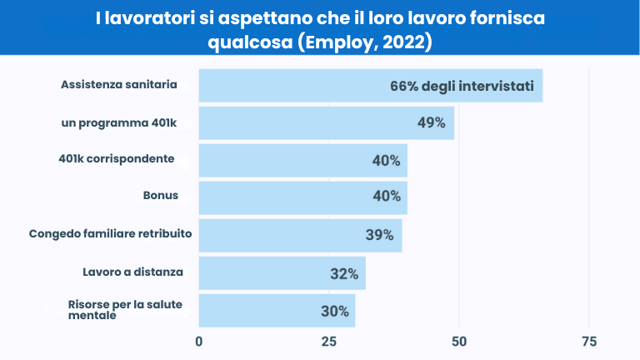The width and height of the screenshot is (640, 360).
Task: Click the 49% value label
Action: [431, 123]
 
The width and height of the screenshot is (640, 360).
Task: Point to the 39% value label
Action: [379, 236]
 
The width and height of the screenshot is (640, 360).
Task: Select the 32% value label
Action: [343, 273]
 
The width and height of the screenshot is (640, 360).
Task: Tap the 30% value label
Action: [334, 312]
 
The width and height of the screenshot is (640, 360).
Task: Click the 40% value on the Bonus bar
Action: [387, 197]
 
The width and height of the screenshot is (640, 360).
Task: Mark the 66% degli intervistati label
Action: [462, 86]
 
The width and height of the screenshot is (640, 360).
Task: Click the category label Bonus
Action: [161, 196]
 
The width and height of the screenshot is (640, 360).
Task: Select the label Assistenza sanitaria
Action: [119, 84]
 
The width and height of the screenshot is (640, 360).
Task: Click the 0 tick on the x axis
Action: [199, 342]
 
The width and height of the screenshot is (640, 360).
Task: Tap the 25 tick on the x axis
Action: [329, 342]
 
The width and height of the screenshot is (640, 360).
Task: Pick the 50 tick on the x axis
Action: [459, 342]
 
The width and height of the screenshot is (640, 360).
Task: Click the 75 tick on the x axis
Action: [589, 342]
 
